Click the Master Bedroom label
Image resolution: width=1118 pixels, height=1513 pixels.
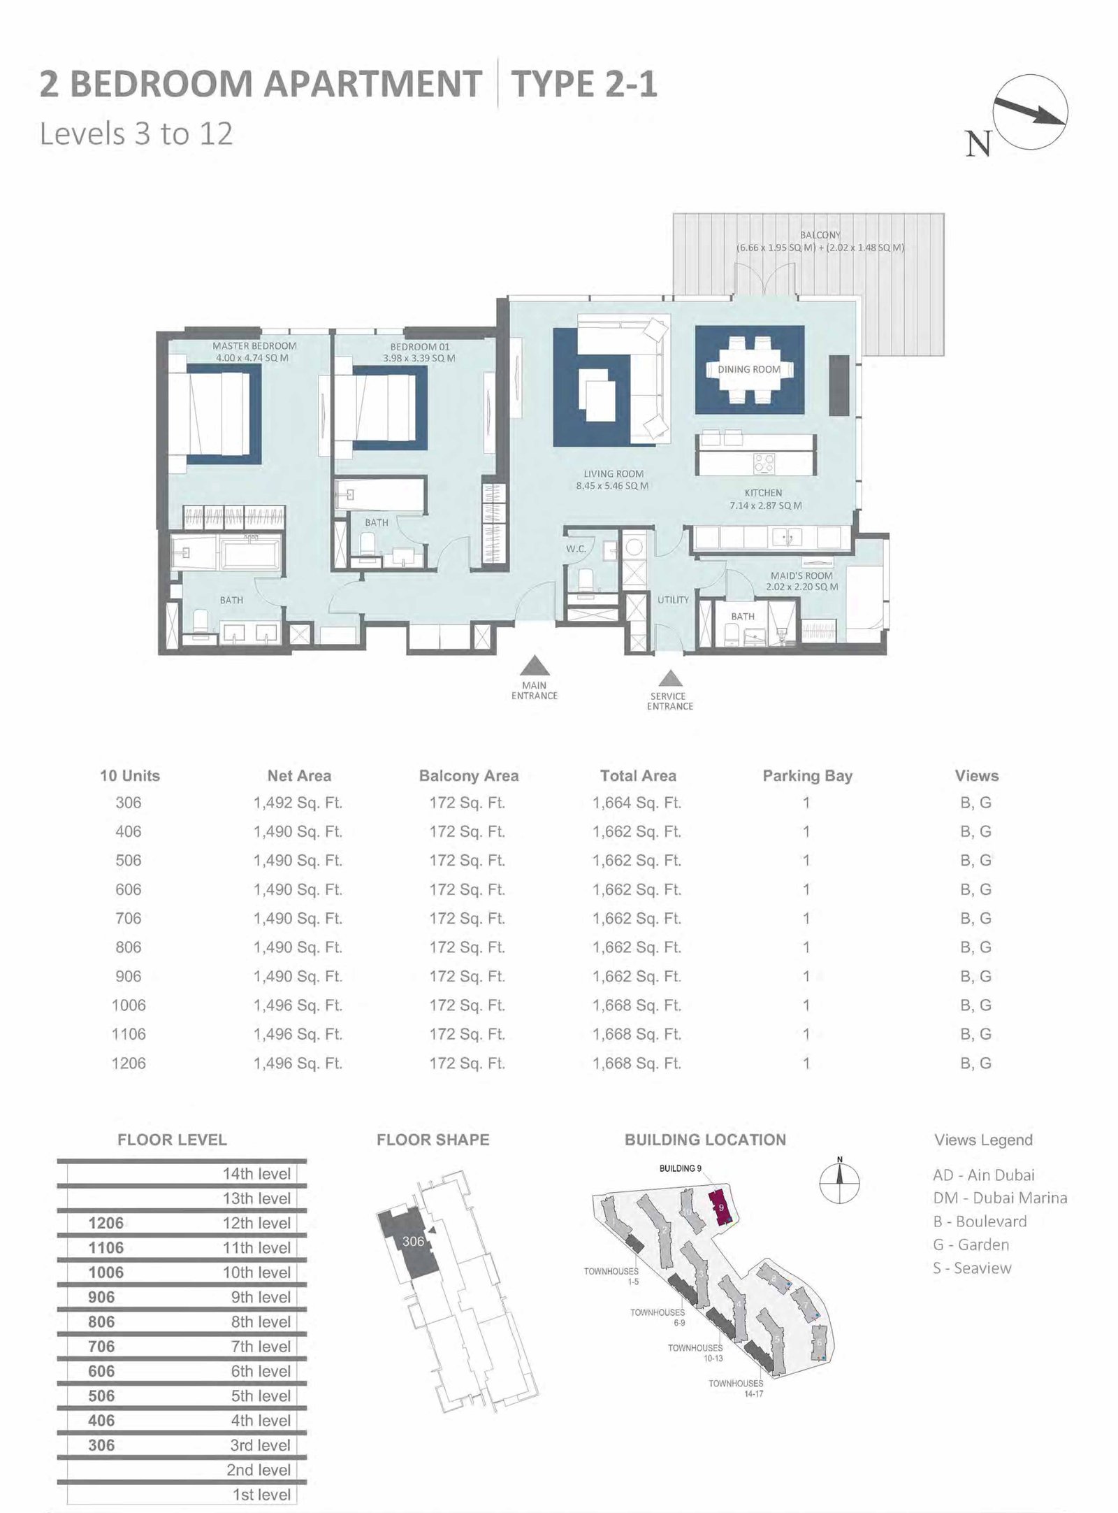pos(254,346)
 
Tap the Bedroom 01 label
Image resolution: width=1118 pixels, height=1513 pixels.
pos(419,347)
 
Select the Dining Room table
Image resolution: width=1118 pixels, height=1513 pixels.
pos(749,370)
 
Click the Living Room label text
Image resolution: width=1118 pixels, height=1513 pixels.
pos(613,474)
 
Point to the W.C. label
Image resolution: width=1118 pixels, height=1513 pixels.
pos(576,549)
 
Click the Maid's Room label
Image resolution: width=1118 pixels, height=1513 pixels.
pos(801,576)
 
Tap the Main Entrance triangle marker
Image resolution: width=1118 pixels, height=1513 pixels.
pos(535,665)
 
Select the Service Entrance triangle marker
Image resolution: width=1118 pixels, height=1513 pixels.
pos(671,677)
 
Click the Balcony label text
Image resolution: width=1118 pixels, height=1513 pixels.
pos(820,236)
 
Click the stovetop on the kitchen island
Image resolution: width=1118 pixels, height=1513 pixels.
pos(764,462)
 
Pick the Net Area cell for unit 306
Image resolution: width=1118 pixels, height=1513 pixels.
pos(298,803)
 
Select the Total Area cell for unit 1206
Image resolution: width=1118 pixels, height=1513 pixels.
pos(637,1063)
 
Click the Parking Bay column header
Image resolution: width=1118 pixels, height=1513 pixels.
pos(807,776)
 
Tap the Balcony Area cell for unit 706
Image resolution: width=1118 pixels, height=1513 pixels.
pos(467,919)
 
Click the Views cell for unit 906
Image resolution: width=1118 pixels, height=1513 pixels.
pos(976,977)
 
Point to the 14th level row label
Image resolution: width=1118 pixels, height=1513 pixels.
pos(256,1174)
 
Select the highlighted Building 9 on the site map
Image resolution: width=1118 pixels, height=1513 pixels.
pos(721,1208)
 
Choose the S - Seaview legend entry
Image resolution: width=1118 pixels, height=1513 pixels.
pos(972,1268)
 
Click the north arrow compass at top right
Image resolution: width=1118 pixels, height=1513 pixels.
pos(1030,112)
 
